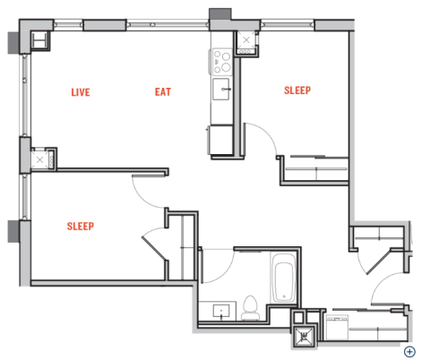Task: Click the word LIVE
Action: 81,92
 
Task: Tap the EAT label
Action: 163,92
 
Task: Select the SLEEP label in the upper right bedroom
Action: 297,90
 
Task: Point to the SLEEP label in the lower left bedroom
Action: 81,227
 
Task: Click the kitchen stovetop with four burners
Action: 222,62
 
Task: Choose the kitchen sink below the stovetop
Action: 221,90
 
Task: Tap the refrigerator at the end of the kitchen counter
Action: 220,140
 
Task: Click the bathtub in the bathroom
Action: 284,278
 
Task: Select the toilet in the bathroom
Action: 250,308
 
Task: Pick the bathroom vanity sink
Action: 221,311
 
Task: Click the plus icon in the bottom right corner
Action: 409,352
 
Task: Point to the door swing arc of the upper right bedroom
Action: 267,132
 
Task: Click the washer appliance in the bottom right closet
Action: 337,327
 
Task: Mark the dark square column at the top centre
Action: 220,14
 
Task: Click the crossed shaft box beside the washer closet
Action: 304,336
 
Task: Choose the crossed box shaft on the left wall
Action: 39,159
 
